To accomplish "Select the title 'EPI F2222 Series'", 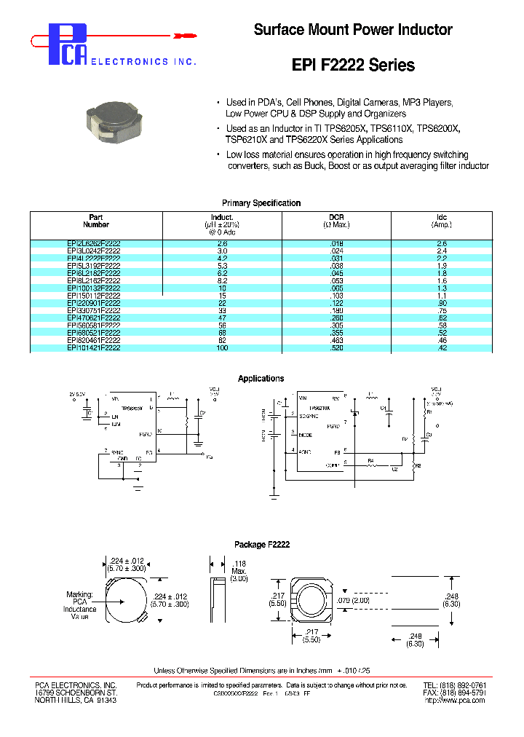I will click(353, 65).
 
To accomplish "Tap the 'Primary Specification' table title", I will click(261, 203).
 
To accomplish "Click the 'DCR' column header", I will click(336, 218).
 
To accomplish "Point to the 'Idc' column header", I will click(442, 218).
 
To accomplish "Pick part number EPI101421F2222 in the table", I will click(94, 349).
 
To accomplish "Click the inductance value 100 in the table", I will click(221, 349).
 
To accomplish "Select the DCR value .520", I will click(336, 349).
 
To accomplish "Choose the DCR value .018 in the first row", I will click(336, 244).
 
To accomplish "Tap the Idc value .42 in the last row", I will click(442, 349).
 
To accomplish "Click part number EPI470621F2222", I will click(94, 318).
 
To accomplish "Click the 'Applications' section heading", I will click(261, 379).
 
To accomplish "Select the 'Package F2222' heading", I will click(261, 545).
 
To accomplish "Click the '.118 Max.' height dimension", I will click(239, 570).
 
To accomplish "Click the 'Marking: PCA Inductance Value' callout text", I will click(79, 605).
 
